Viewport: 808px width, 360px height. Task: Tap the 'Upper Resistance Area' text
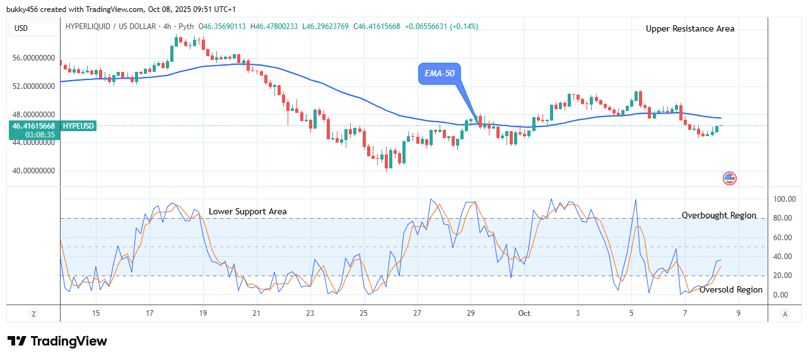tap(689, 28)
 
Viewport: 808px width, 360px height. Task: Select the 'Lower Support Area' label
tap(247, 211)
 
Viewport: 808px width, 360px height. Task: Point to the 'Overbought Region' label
tap(718, 215)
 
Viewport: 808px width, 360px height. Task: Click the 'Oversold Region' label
tap(730, 290)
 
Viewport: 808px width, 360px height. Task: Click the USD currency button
tap(21, 28)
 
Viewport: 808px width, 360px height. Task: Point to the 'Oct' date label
tap(524, 313)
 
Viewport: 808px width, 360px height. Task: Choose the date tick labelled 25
tap(363, 313)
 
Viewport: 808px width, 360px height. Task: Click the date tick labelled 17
tap(149, 313)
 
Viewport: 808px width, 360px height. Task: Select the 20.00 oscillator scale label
tap(783, 276)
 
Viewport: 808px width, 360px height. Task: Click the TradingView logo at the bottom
tap(57, 341)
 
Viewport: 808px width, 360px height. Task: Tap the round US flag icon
tap(729, 178)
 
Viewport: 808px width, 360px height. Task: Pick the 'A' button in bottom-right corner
tap(785, 313)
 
